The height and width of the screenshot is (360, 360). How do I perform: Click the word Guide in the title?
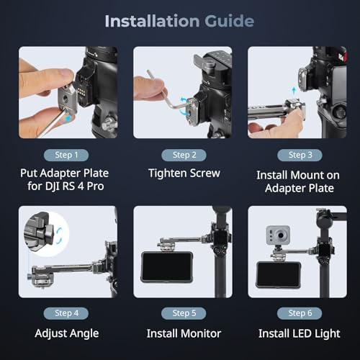[228, 21]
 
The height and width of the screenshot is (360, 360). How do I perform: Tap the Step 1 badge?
[66, 154]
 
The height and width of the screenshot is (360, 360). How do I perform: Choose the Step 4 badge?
[66, 312]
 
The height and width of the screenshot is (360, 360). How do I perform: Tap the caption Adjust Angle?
[66, 333]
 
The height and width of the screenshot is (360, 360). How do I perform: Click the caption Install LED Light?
[296, 333]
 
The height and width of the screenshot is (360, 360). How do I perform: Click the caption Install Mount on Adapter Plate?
[296, 181]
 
